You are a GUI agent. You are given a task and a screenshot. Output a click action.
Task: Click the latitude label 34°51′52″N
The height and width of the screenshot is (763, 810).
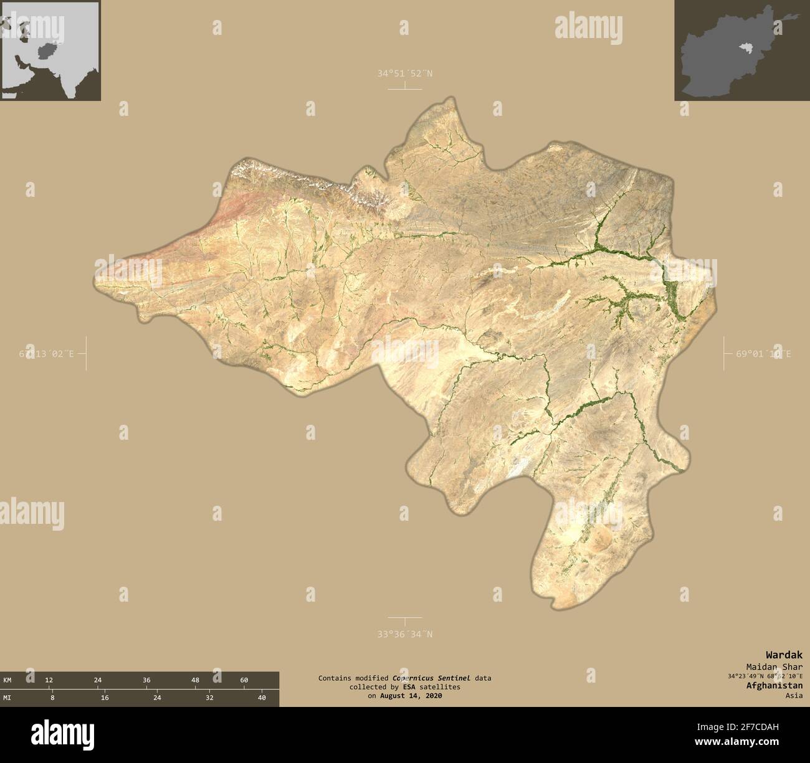click(404, 73)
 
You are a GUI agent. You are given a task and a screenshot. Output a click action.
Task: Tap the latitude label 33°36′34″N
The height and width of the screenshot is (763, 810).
click(404, 634)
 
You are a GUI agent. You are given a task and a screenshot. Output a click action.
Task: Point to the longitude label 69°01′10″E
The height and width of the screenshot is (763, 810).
click(763, 354)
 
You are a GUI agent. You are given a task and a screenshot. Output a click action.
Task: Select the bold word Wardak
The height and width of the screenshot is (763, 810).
click(784, 655)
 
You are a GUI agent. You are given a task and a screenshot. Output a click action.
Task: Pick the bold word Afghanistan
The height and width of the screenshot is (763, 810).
click(774, 685)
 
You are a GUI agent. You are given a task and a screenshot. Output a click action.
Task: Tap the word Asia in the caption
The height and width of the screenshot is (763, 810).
click(794, 695)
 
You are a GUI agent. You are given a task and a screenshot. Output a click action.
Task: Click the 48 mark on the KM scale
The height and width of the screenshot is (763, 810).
click(195, 680)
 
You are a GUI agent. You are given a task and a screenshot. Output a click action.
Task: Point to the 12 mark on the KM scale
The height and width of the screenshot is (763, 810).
click(49, 680)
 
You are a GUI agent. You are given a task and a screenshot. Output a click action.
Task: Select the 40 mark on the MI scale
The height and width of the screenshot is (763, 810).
click(262, 698)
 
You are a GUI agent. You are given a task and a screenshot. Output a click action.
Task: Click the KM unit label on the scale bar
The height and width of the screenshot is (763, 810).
click(7, 680)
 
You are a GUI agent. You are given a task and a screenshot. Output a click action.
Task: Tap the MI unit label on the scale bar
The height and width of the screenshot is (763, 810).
click(7, 698)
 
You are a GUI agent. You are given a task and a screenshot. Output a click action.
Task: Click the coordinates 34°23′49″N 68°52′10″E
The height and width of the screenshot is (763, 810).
click(764, 676)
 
